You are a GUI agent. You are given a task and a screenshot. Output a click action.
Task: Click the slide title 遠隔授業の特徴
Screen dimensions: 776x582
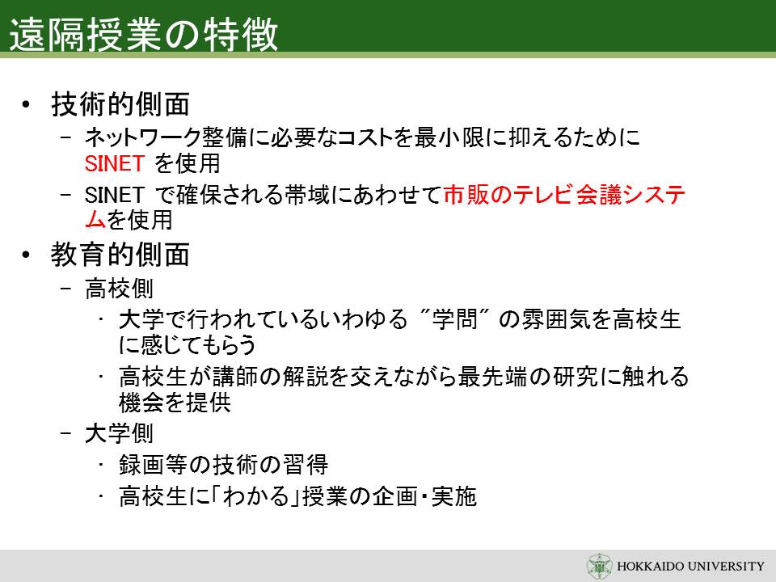[144, 34]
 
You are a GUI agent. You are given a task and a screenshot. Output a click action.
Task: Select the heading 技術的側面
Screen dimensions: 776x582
[120, 104]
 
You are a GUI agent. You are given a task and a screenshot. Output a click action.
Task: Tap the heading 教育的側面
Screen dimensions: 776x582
[120, 255]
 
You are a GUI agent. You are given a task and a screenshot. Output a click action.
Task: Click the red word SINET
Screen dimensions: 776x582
[114, 164]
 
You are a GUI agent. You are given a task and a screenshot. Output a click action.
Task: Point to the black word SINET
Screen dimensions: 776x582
[114, 195]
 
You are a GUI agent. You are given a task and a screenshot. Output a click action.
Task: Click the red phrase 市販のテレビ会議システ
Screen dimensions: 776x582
[565, 195]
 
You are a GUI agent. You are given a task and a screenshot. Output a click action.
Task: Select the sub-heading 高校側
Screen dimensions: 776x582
[119, 289]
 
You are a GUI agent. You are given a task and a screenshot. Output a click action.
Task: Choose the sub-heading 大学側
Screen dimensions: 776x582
[119, 433]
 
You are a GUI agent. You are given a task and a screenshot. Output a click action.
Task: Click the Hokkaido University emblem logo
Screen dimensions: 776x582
[599, 566]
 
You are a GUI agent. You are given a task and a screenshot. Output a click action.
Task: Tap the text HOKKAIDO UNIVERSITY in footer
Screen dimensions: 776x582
[690, 566]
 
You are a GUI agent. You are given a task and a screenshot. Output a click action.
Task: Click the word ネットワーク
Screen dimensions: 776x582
[143, 137]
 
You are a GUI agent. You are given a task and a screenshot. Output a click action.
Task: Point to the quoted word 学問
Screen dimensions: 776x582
[455, 319]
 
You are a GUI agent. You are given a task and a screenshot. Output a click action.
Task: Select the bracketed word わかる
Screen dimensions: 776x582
[255, 496]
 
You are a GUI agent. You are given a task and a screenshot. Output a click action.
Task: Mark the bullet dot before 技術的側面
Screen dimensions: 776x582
[26, 104]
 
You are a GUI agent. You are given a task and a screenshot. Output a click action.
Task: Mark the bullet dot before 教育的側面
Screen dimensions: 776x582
[26, 255]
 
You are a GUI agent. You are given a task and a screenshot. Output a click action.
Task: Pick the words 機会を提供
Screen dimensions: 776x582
[175, 403]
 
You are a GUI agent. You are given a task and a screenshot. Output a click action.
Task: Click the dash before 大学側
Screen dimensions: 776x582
[66, 433]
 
